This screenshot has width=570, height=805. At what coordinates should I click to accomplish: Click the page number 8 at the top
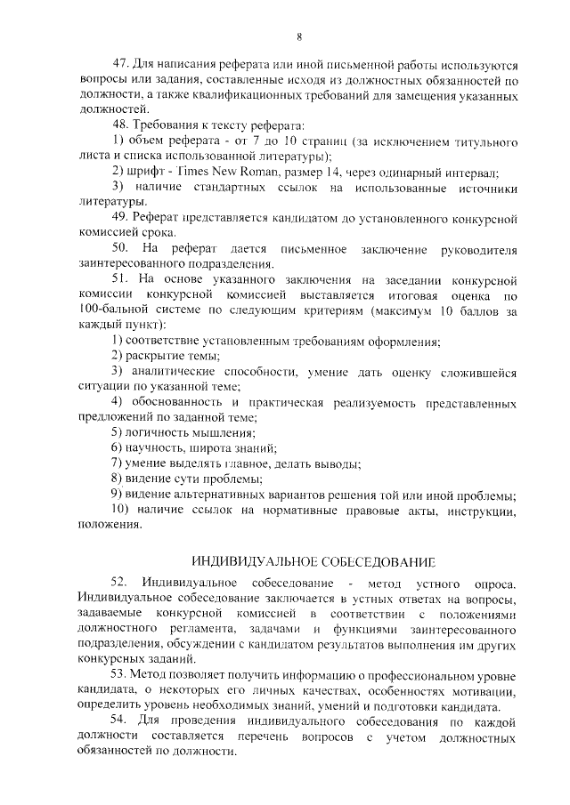(299, 36)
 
